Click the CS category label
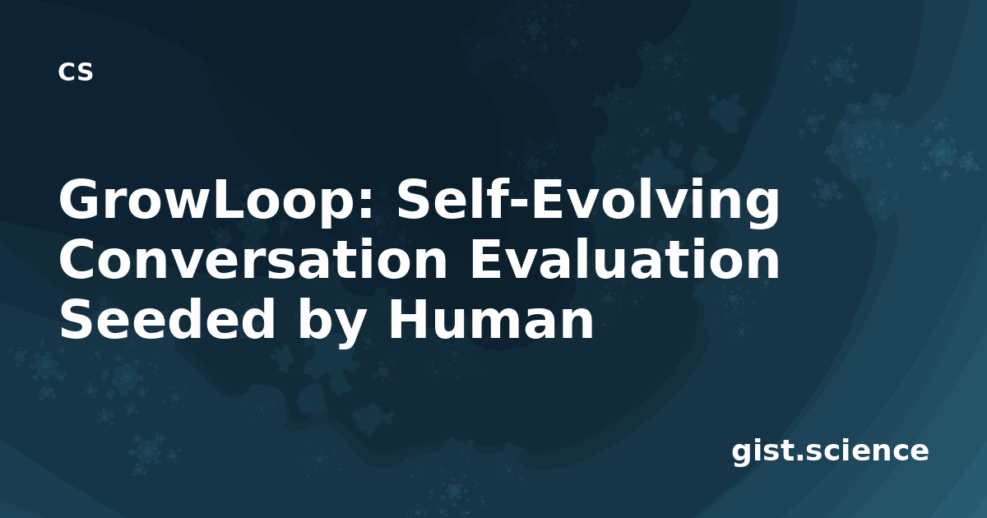tap(76, 72)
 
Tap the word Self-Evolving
tap(588, 201)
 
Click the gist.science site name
tap(830, 452)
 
